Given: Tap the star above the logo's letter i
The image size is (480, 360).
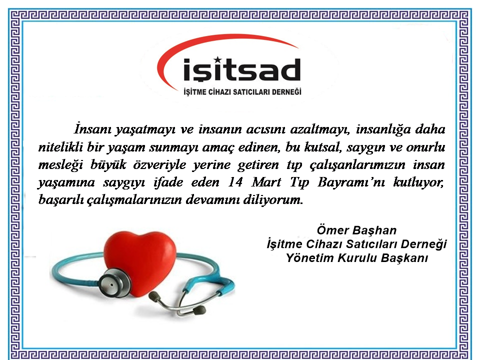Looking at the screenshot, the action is [x=217, y=59].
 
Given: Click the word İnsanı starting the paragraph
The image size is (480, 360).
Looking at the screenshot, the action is [x=92, y=129].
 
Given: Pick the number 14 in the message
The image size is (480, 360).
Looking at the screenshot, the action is [x=235, y=182].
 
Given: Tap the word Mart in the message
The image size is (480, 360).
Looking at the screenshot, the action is [x=266, y=182].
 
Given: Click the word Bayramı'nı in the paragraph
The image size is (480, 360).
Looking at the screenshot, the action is [x=351, y=182].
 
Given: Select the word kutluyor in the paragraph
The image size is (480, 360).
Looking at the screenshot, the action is [x=418, y=182].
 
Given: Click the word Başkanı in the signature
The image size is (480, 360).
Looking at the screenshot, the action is [x=404, y=258].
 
